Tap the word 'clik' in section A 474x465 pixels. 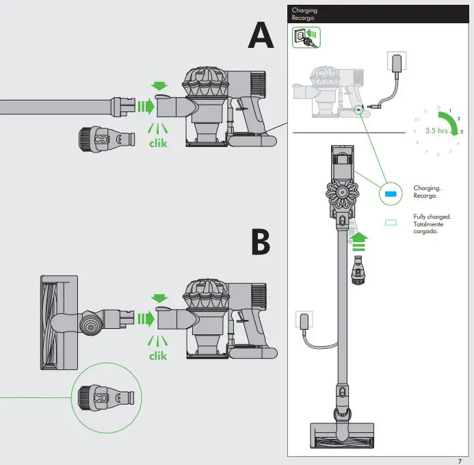tap(158, 144)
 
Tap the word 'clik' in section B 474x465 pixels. tap(158, 356)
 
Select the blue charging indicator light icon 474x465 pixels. tap(391, 194)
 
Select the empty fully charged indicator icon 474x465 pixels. tap(391, 223)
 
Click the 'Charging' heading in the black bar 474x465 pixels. tap(304, 11)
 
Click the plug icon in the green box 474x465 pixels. tap(306, 38)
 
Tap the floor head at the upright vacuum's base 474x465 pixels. tap(342, 437)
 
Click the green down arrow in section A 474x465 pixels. tap(159, 86)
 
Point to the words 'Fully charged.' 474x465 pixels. tap(432, 217)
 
